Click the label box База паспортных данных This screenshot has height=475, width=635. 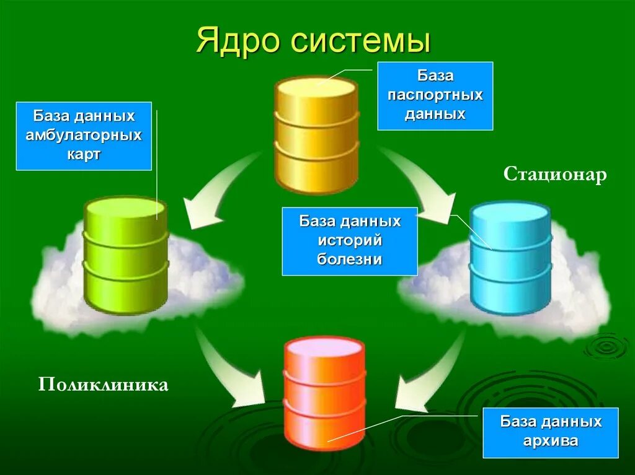coord(435,95)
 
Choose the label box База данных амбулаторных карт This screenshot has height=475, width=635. coord(84,136)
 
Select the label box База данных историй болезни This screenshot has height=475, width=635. coord(350,241)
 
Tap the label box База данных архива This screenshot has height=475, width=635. coord(551,432)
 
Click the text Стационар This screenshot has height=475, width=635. coord(555,175)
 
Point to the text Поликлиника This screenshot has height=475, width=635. coord(104,385)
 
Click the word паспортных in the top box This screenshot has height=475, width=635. coord(435,95)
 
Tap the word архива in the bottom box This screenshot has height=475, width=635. coord(551,442)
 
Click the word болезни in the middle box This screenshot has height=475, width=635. coord(350,259)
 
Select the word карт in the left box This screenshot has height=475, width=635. coord(84,154)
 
